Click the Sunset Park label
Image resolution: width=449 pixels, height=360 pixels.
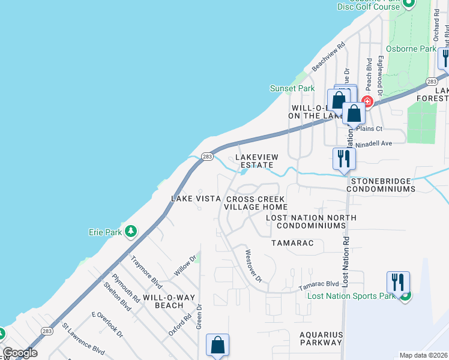pos(292,88)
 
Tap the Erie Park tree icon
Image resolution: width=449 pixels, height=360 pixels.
pos(130,231)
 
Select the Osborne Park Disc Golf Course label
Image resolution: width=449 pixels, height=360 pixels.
pos(369,5)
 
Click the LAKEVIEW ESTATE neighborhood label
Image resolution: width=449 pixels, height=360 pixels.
pos(255,161)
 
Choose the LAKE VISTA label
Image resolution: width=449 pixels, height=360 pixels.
pos(192,199)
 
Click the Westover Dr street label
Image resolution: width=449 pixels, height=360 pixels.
pos(253,265)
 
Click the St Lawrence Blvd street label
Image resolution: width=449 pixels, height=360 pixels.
pos(83,338)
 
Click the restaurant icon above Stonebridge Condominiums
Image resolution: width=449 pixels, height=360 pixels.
pos(344,158)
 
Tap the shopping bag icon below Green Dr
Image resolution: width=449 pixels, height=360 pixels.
pos(217,345)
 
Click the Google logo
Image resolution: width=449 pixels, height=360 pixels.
pos(20,353)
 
